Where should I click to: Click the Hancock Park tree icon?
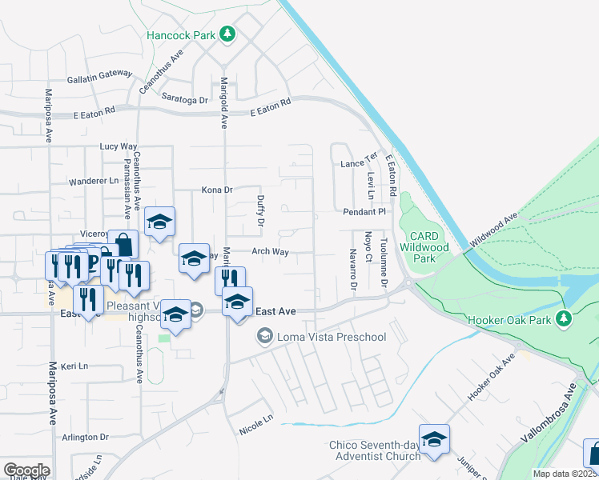coord(228,34)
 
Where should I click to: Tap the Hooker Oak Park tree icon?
coord(565,318)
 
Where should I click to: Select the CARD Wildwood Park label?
coord(434,247)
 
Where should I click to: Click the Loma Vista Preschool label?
coord(331,337)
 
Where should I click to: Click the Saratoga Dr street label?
coord(185,100)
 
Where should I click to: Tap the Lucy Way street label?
coord(119,146)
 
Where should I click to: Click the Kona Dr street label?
coord(216,190)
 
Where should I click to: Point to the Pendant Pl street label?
coord(364,212)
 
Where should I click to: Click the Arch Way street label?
coord(270,251)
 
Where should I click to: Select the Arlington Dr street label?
coord(85,438)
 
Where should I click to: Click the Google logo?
coord(26,470)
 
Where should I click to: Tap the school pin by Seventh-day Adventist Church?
coord(434,439)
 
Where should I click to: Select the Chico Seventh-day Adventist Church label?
coord(375,450)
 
